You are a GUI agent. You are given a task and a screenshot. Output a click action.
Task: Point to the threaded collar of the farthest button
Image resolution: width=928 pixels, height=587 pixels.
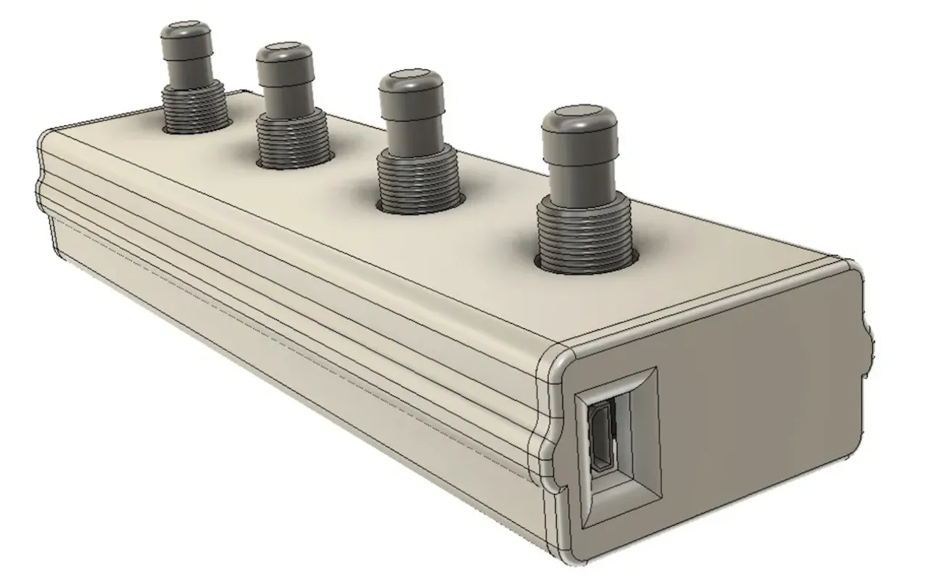tap(193, 109)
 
